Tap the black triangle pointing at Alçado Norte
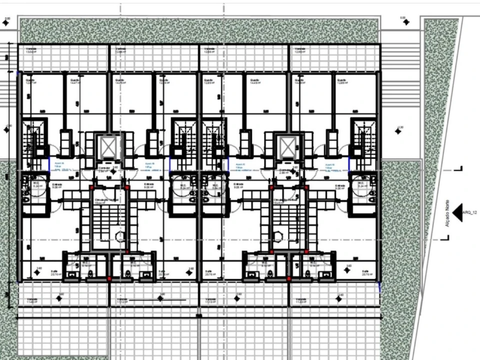[x=456, y=212]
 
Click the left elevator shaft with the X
[x=108, y=146]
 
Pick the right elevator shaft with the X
[x=288, y=146]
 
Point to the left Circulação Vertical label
[x=106, y=200]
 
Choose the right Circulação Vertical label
[x=284, y=200]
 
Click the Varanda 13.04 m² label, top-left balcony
[x=31, y=50]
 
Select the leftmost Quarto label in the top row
[x=30, y=81]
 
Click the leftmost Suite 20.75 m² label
[x=56, y=273]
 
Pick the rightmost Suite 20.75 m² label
[x=367, y=273]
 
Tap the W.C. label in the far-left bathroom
[x=29, y=185]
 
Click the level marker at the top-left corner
[x=7, y=22]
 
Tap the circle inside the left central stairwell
[x=119, y=235]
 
